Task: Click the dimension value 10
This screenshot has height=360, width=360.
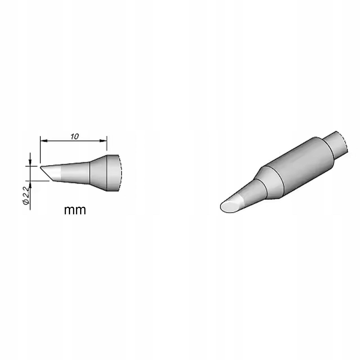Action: pyautogui.click(x=75, y=137)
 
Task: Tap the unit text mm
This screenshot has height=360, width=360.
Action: pyautogui.click(x=75, y=210)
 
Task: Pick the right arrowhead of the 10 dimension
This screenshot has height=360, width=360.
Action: pyautogui.click(x=103, y=141)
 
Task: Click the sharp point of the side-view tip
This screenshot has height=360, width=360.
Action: pyautogui.click(x=40, y=167)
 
